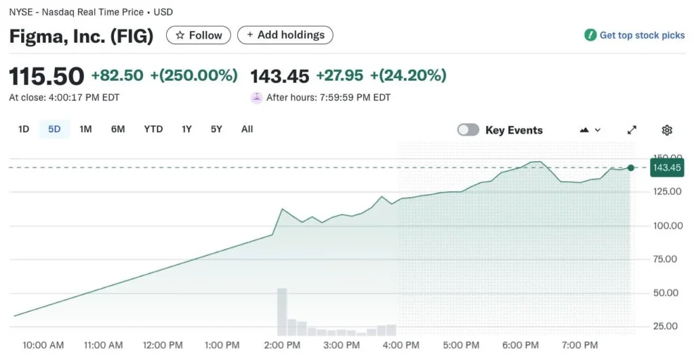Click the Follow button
199,35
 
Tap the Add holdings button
285,35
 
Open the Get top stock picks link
635,35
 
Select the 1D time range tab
24,129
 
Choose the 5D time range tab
54,129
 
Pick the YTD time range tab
153,129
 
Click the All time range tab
247,129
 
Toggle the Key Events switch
468,130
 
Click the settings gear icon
667,130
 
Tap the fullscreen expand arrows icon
632,130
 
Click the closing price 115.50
47,76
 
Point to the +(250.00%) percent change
194,75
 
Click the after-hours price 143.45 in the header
280,75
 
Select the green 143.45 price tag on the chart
667,167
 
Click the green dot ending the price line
631,167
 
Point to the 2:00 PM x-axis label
283,345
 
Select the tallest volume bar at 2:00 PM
282,312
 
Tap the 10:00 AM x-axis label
43,345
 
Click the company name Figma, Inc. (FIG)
81,36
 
